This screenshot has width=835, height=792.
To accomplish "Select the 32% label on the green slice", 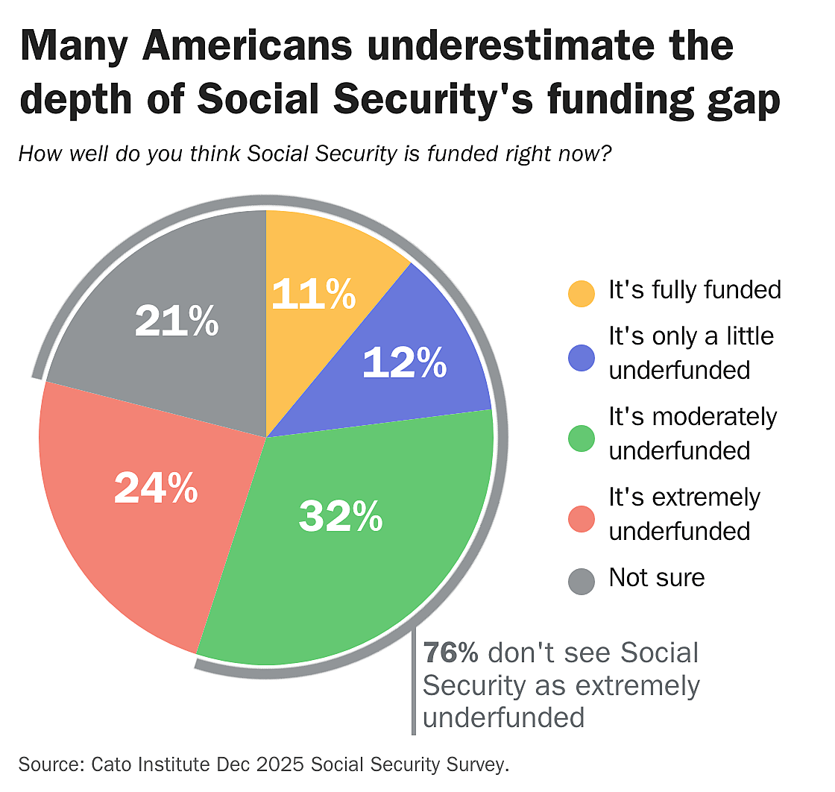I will (x=341, y=516).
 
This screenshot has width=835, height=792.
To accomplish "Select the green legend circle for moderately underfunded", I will (x=582, y=438).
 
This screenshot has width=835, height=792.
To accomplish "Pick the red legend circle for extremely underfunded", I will (x=582, y=518).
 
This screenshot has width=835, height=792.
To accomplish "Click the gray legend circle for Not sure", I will (x=582, y=580).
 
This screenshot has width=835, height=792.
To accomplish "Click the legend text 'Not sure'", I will (x=656, y=577).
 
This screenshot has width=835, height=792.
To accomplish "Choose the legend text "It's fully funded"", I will (x=695, y=289).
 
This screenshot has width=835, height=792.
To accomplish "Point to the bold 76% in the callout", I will (x=451, y=653).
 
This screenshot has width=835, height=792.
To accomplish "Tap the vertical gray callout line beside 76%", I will (x=414, y=682).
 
